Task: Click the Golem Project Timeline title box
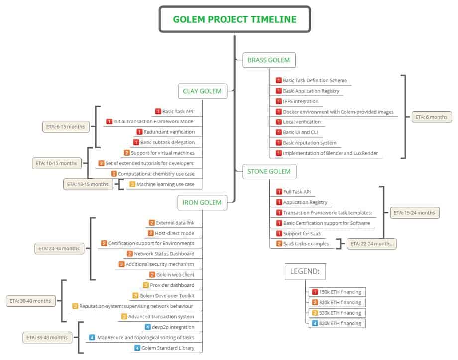[234, 20]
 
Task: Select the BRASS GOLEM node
[269, 61]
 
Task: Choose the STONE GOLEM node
[269, 172]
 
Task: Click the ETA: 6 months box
[431, 117]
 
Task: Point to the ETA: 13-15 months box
[88, 184]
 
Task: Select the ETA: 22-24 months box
[371, 244]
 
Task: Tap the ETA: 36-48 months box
[45, 338]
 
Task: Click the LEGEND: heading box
[305, 272]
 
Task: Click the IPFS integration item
[301, 101]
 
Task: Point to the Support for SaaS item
[302, 234]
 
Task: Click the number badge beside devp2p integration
[148, 327]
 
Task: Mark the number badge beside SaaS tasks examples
[279, 244]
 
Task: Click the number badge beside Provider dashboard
[146, 285]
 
